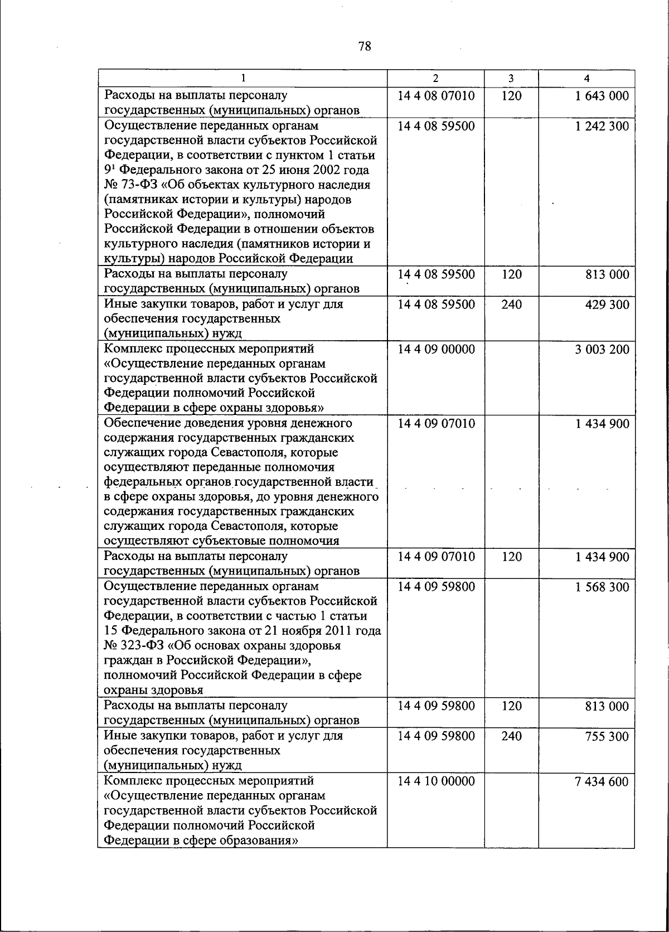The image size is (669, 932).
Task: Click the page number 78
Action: click(x=365, y=46)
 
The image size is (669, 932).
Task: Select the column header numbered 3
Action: click(x=511, y=79)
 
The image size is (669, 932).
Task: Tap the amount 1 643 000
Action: click(x=602, y=96)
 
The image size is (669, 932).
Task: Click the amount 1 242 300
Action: click(x=602, y=126)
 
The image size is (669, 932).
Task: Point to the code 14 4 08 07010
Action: click(x=436, y=96)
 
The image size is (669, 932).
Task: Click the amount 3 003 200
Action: click(x=602, y=349)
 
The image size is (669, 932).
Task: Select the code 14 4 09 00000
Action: click(x=436, y=349)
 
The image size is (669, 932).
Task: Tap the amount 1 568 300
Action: click(x=602, y=587)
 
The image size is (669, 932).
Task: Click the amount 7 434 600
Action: click(x=602, y=781)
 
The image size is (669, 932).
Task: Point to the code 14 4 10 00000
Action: click(x=436, y=781)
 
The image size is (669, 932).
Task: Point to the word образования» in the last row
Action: click(x=263, y=840)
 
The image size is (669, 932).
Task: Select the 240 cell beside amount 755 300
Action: click(x=511, y=736)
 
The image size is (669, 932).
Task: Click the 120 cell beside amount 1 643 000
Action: click(x=511, y=96)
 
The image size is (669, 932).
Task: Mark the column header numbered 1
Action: click(x=243, y=79)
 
